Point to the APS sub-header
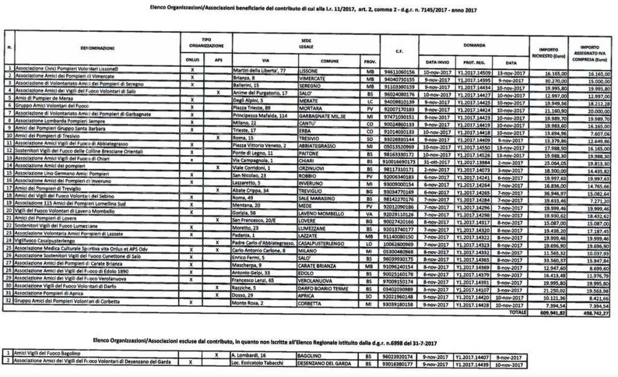(x=218, y=62)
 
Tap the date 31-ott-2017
(x=433, y=163)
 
